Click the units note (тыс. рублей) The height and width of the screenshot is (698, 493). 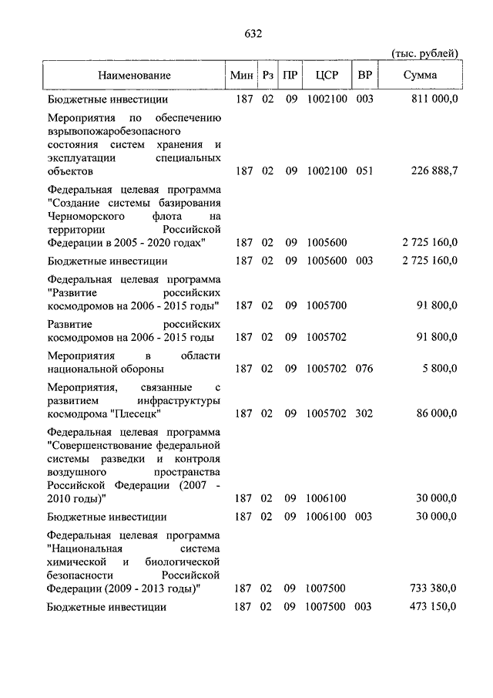tap(424, 53)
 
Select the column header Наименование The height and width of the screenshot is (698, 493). tap(133, 76)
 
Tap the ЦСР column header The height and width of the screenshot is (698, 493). tap(327, 76)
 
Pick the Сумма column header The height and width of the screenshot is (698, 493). tap(420, 76)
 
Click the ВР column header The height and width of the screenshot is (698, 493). tap(364, 76)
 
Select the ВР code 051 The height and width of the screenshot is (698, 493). tap(364, 171)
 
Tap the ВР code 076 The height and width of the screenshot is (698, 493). tap(364, 369)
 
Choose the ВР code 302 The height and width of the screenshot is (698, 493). tap(364, 413)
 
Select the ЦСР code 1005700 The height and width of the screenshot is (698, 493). tap(327, 305)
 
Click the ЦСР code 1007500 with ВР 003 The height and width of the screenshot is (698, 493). tap(327, 607)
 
